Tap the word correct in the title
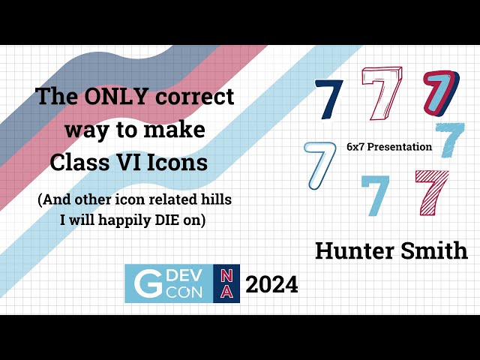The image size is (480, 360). point(196,96)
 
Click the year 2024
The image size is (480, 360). point(271,284)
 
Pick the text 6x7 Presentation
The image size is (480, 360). point(389,147)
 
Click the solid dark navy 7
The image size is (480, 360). point(328,99)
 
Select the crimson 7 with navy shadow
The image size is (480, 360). point(440,93)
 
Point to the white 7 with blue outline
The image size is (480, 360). point(320,166)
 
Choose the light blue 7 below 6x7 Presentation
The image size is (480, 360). point(374,194)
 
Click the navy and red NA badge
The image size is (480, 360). point(226,283)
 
